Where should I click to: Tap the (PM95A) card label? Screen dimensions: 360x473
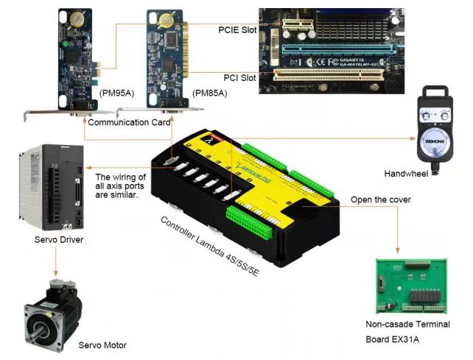point(117,93)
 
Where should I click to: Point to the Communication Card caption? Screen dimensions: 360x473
point(129,122)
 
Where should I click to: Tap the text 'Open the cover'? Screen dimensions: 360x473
point(380,200)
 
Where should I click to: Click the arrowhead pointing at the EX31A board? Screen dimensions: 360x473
point(398,253)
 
